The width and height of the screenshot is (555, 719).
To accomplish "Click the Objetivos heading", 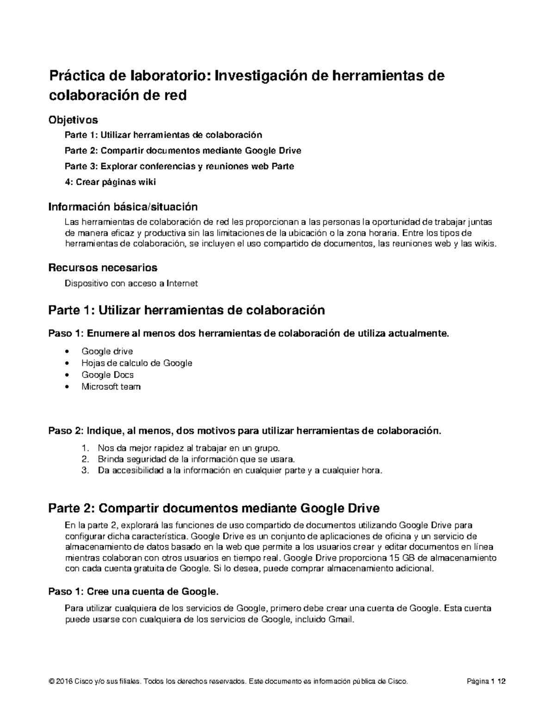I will [x=73, y=120].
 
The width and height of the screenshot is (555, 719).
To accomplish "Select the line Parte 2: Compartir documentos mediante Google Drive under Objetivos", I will [x=183, y=150].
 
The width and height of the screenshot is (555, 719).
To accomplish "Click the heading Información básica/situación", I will [x=123, y=206].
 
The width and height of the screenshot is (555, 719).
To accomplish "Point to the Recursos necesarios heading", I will [x=103, y=268].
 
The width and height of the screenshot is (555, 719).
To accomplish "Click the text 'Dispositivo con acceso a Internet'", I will [x=131, y=283].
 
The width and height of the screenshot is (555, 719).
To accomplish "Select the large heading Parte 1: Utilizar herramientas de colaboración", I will [x=186, y=310].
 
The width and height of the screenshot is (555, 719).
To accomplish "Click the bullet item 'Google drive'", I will [x=107, y=351].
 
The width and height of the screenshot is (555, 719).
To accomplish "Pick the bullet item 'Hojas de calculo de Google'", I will [x=136, y=363].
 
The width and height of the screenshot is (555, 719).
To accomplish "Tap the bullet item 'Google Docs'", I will [x=107, y=375].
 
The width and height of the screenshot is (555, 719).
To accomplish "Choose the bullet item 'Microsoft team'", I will [x=111, y=387].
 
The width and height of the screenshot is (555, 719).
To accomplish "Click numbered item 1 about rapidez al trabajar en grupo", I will [x=189, y=448].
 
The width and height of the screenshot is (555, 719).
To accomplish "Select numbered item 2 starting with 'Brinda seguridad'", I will [x=196, y=459].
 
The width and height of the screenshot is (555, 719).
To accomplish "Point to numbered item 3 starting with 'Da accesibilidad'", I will [x=240, y=471].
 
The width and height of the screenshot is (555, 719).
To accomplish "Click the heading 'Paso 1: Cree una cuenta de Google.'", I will [x=133, y=591].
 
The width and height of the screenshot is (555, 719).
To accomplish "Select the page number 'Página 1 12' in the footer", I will [x=486, y=681].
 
